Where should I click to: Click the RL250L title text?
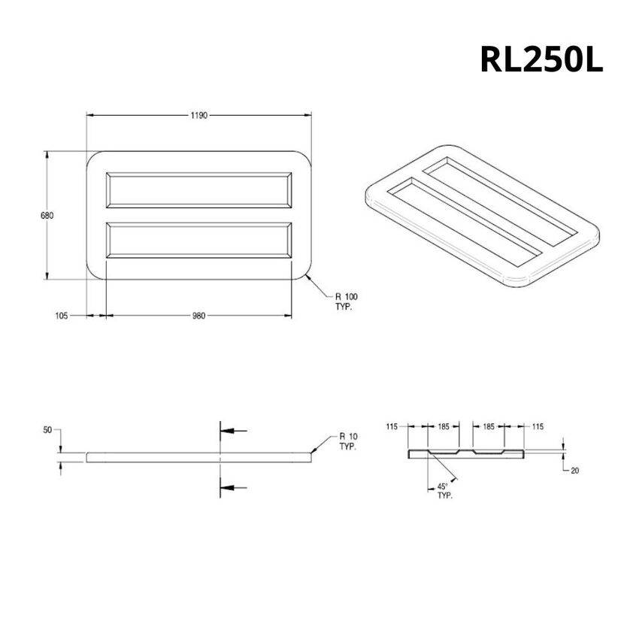coord(541,61)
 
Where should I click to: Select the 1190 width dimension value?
coord(198,115)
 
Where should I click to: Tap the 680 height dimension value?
coord(47,215)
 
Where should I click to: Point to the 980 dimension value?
coord(198,316)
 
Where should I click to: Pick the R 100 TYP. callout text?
coord(345,302)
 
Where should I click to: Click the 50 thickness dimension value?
coord(47,430)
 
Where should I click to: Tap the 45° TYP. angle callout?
coord(446,491)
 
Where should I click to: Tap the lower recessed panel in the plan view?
coord(199,240)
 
